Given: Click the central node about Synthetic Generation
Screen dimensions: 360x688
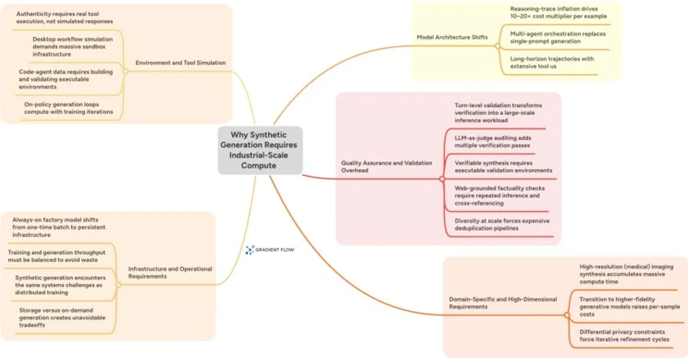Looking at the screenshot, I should [260, 150].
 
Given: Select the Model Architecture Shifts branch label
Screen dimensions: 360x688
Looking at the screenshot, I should [452, 37].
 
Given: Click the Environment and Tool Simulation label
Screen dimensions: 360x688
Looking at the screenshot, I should [181, 62].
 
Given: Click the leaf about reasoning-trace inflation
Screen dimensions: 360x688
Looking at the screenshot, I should [558, 13].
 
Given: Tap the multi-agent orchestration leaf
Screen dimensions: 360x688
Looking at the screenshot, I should [557, 37].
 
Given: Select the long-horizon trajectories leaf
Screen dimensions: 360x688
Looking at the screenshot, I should [552, 62].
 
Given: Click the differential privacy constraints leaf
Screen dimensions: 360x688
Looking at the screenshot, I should [624, 335].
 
